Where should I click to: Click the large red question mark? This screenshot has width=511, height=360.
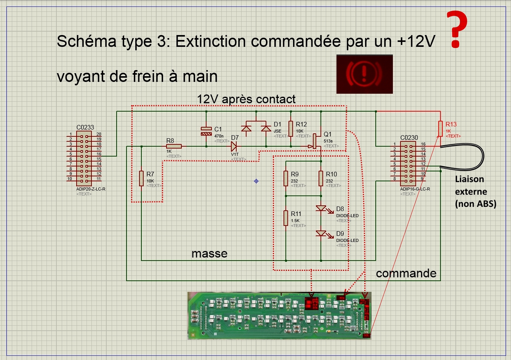(457, 29)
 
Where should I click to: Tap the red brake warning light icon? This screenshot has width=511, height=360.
(364, 74)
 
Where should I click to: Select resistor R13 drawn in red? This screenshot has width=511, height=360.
(441, 129)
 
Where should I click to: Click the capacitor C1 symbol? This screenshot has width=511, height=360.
(206, 131)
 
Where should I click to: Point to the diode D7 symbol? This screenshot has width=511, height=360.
(234, 146)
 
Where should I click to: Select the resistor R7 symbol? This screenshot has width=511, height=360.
(141, 178)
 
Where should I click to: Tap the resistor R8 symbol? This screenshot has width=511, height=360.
(174, 146)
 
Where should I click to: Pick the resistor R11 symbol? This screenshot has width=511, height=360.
(286, 218)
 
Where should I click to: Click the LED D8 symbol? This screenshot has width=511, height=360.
(321, 208)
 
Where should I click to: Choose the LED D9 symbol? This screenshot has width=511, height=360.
(321, 233)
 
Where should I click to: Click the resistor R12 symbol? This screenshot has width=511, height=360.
(291, 129)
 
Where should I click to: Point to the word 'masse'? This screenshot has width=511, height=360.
(209, 254)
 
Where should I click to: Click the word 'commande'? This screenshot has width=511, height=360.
(406, 273)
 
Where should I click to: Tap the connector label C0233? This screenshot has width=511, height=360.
(85, 128)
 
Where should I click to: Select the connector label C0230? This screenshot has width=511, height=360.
(409, 138)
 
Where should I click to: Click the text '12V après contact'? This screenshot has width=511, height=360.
(246, 99)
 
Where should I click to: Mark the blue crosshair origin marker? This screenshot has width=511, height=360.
(256, 181)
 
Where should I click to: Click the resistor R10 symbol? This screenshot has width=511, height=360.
(321, 178)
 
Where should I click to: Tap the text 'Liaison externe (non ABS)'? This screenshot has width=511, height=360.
(475, 192)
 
